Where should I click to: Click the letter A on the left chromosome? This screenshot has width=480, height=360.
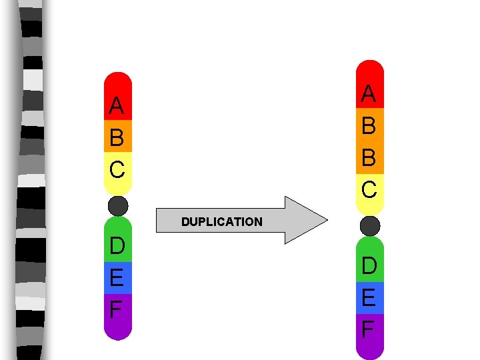[117, 105]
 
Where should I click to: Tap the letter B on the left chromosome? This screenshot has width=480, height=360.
[117, 138]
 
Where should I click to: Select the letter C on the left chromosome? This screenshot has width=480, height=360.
[117, 169]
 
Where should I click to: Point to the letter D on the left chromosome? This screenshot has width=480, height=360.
[117, 246]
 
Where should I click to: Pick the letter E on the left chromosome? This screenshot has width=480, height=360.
[117, 277]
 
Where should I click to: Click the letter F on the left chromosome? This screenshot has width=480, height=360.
[117, 309]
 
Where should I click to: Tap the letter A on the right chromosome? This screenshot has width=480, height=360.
[369, 94]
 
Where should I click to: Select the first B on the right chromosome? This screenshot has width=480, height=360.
[369, 126]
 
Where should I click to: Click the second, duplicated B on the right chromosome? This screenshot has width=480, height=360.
[369, 158]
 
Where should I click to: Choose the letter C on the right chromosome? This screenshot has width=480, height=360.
[369, 189]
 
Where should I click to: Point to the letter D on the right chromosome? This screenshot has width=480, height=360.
[369, 266]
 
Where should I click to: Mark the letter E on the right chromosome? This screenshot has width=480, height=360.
[369, 297]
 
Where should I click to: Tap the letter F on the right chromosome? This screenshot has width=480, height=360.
[369, 329]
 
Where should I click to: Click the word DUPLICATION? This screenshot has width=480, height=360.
[222, 222]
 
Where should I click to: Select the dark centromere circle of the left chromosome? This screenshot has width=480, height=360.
[118, 206]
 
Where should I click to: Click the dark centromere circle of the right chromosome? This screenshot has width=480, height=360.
[369, 225]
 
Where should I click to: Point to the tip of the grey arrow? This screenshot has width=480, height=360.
[327, 220]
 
